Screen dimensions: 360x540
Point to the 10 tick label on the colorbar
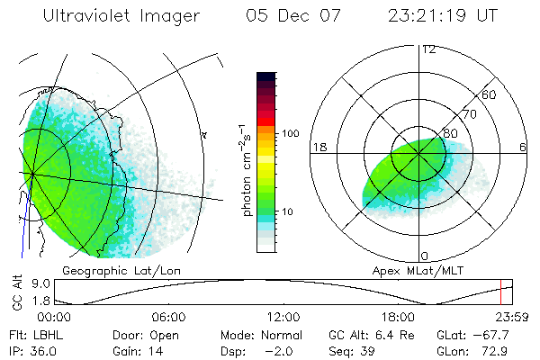[x=290, y=212]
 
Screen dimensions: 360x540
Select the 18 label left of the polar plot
[x=319, y=148]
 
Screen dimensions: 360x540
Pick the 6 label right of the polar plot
[x=523, y=148]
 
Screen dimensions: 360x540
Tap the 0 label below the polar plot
[x=426, y=256]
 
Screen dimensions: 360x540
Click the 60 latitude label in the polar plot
[x=490, y=94]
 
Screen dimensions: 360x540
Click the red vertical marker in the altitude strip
[x=501, y=291]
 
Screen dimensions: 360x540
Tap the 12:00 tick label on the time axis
[x=284, y=317]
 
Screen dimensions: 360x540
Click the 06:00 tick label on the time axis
[x=169, y=317]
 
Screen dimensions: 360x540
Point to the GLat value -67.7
[x=503, y=334]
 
